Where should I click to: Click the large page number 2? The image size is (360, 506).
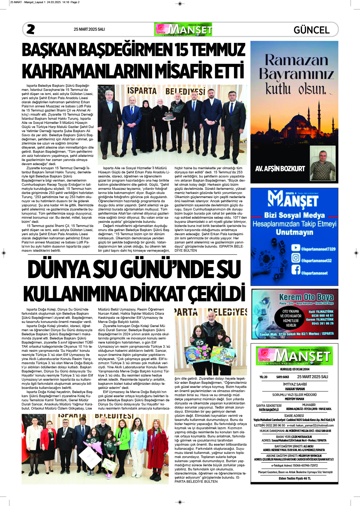(x=31, y=29)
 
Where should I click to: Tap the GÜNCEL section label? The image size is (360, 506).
(x=312, y=30)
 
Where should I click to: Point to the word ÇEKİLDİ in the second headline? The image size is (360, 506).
(x=216, y=294)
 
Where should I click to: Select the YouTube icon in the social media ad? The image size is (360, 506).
(x=296, y=248)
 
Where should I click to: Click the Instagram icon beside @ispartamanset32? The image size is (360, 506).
(x=296, y=258)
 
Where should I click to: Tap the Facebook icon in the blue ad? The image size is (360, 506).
(x=296, y=270)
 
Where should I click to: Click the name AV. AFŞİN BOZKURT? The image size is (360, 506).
(x=280, y=169)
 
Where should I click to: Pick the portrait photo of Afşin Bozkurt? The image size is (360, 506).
(x=323, y=164)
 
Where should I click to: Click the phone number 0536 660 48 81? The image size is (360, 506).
(x=322, y=316)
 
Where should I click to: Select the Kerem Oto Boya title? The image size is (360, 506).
(x=306, y=297)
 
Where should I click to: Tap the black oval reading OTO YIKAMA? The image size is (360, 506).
(x=291, y=318)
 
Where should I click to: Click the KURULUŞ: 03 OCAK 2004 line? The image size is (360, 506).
(x=294, y=369)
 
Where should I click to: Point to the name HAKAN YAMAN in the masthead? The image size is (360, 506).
(x=294, y=389)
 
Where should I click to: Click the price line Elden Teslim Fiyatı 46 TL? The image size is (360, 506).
(x=294, y=478)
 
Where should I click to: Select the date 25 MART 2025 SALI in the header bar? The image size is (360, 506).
(x=89, y=29)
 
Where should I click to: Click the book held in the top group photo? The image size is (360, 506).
(x=169, y=116)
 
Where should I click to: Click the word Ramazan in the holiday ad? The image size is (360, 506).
(x=296, y=60)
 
